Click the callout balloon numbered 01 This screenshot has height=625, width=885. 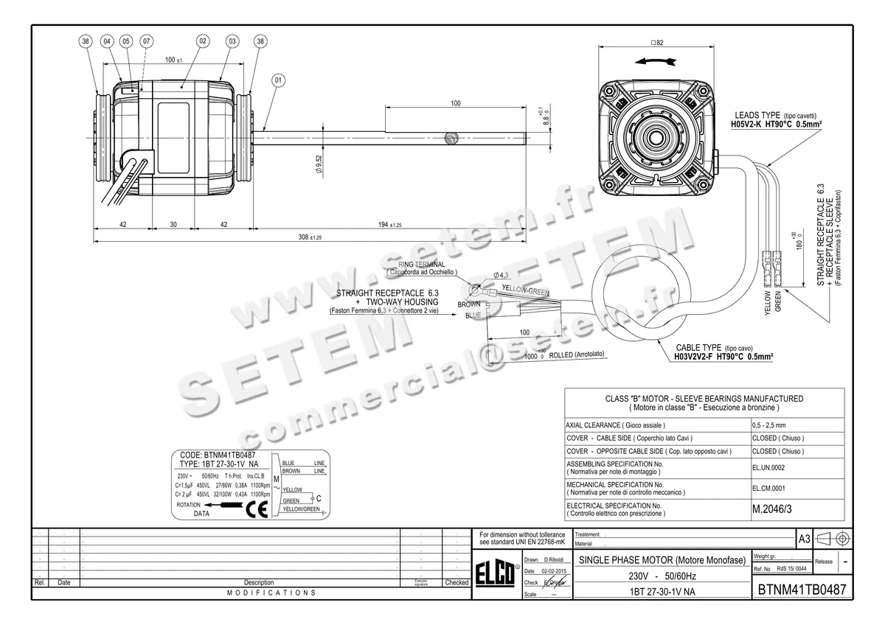coord(278,80)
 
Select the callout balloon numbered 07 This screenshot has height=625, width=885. coord(145,42)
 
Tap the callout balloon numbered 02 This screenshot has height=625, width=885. coord(202,42)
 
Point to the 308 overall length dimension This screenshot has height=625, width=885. coord(305,237)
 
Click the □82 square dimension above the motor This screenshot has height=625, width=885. coord(657,43)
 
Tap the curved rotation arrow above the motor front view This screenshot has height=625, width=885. coord(657,61)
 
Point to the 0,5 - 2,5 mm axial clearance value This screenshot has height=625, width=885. coord(768,426)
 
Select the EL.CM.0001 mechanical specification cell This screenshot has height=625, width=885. coord(768,487)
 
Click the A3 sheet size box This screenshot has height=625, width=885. coord(805,539)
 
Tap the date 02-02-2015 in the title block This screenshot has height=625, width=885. coord(553,571)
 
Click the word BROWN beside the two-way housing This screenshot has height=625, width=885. coord(469,304)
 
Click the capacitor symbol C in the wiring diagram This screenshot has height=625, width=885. coord(318,499)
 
